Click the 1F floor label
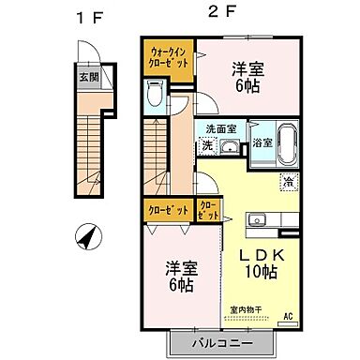90,15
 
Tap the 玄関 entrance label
86,77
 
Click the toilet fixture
156,94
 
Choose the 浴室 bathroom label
262,143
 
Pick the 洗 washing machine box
206,145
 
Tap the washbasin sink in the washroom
228,146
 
